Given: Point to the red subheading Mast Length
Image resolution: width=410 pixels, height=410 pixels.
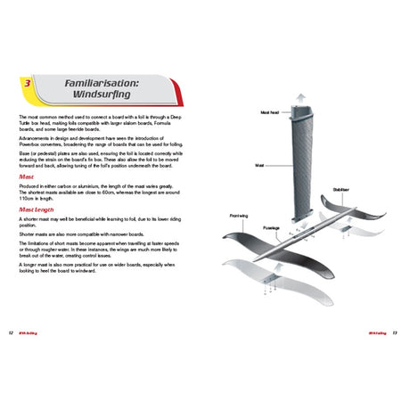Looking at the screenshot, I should [37, 210].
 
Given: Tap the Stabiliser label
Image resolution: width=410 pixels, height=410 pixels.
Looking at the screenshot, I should [342, 189].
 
